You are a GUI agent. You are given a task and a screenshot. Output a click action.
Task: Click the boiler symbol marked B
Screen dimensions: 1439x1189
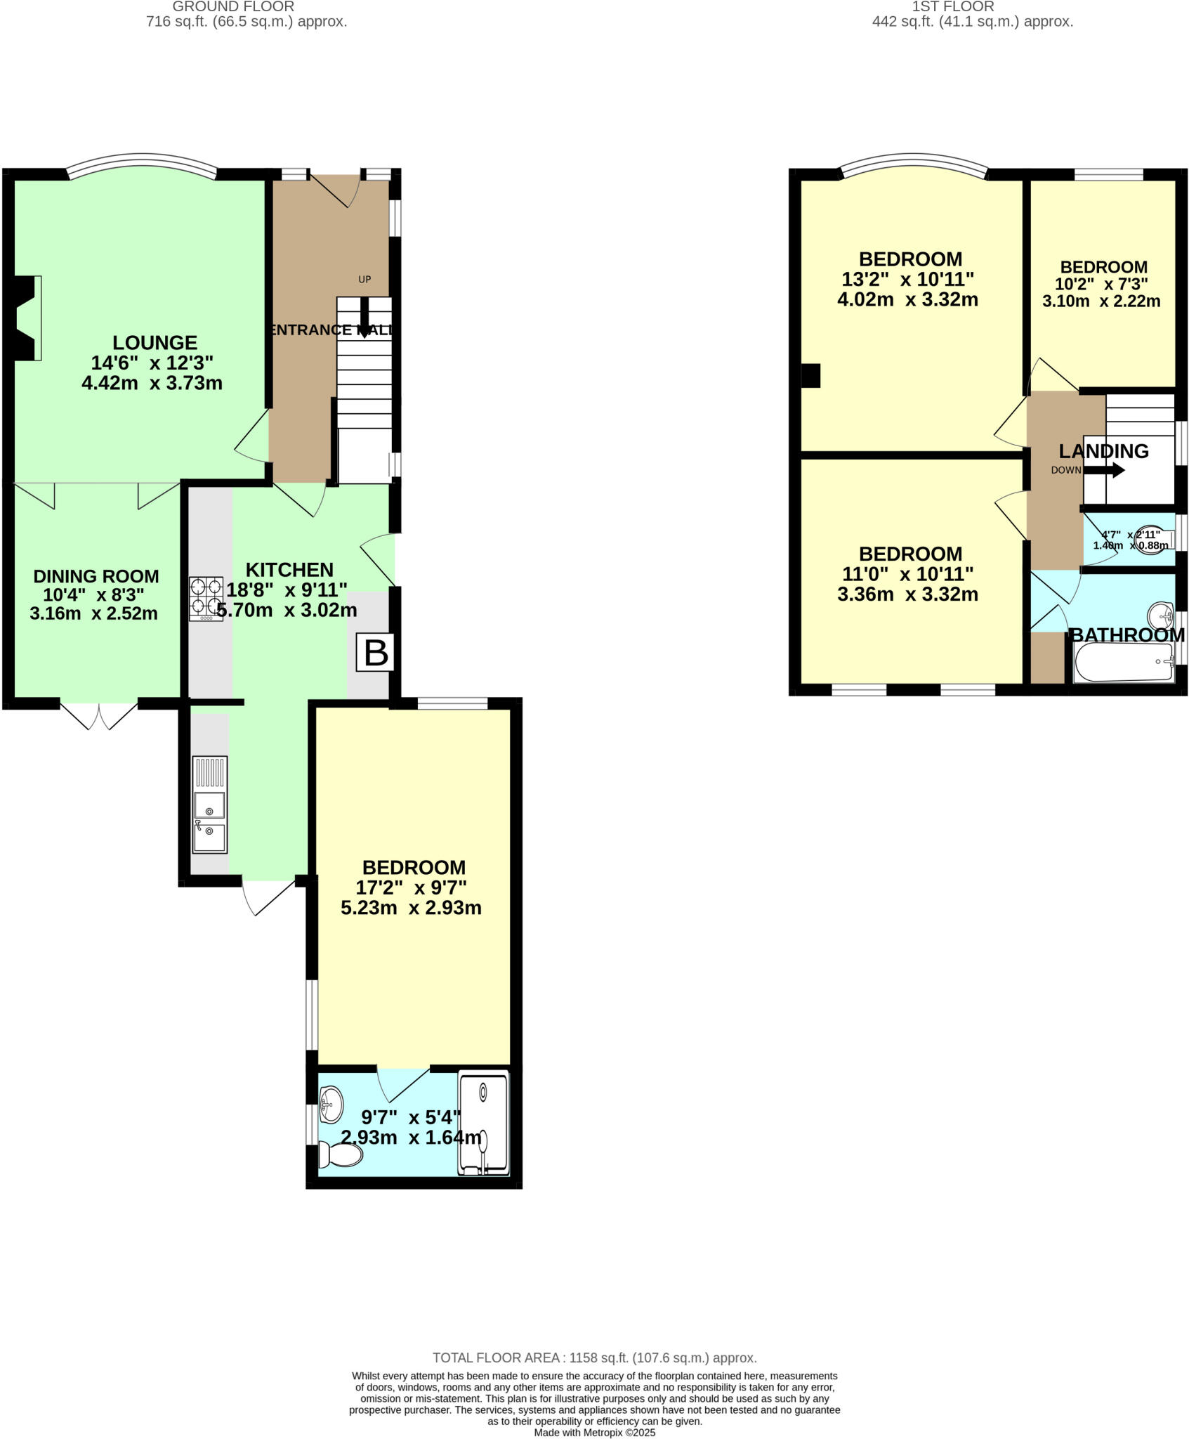coord(376,653)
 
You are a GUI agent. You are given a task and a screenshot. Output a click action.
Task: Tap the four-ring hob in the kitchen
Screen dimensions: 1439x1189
coord(206,598)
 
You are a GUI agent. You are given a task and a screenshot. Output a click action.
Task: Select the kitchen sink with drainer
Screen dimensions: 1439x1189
coord(209,804)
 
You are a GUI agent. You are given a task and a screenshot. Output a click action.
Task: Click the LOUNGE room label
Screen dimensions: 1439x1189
coord(155,343)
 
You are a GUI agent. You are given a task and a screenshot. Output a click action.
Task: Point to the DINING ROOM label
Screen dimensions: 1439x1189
coord(96,576)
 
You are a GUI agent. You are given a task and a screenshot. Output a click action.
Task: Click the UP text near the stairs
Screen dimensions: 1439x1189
coord(364,279)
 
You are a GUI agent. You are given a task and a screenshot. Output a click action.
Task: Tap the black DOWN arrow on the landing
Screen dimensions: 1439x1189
coord(1105,470)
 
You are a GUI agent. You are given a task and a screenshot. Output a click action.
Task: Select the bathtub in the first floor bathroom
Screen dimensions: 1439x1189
coord(1124,662)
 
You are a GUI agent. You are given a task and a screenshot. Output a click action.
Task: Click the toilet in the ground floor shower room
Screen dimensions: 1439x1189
coord(341,1154)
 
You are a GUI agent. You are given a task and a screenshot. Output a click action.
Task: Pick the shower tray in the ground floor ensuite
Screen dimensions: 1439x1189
coord(482,1124)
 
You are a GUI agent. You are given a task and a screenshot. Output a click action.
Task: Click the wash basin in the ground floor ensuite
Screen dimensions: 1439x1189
coord(331,1105)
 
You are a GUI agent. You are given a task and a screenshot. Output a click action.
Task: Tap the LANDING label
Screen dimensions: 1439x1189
coord(1103,451)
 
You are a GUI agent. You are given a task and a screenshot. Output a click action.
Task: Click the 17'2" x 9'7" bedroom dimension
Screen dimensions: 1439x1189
coord(414,887)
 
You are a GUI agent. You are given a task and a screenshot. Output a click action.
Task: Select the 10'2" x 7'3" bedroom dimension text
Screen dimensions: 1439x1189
coord(1102,284)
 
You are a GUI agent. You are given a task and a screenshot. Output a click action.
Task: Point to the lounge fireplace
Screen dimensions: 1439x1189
coord(26,318)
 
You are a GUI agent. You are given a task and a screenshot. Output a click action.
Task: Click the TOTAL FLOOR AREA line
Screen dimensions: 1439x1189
coord(594,1357)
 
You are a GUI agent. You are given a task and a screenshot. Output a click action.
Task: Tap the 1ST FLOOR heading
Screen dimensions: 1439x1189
coord(952,7)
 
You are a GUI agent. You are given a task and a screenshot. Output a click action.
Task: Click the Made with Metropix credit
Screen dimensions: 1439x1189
coord(594,1432)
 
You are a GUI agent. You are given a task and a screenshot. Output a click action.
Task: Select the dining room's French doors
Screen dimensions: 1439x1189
coord(98,715)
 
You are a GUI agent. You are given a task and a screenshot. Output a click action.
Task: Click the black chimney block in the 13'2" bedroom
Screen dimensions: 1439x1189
coord(810,375)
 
